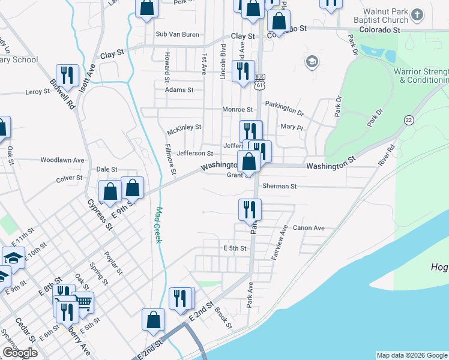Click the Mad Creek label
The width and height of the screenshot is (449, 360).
pos(159,225)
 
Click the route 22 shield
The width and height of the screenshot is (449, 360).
pos(409,120)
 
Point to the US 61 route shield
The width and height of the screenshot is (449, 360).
pos(259,81)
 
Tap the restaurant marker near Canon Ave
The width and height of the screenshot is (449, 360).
pos(249,209)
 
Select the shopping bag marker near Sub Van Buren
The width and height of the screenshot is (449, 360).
pos(146,9)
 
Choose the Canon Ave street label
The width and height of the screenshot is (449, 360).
pos(309,228)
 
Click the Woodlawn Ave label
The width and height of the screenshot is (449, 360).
pos(62,160)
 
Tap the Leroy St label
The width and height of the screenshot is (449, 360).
pos(37,92)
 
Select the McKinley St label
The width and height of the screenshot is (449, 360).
pos(184,127)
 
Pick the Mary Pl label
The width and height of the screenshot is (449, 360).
pos(292,127)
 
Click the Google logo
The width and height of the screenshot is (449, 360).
pos(20,353)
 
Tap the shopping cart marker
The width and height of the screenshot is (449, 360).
pos(83,302)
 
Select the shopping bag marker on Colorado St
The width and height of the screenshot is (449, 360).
pos(279,21)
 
